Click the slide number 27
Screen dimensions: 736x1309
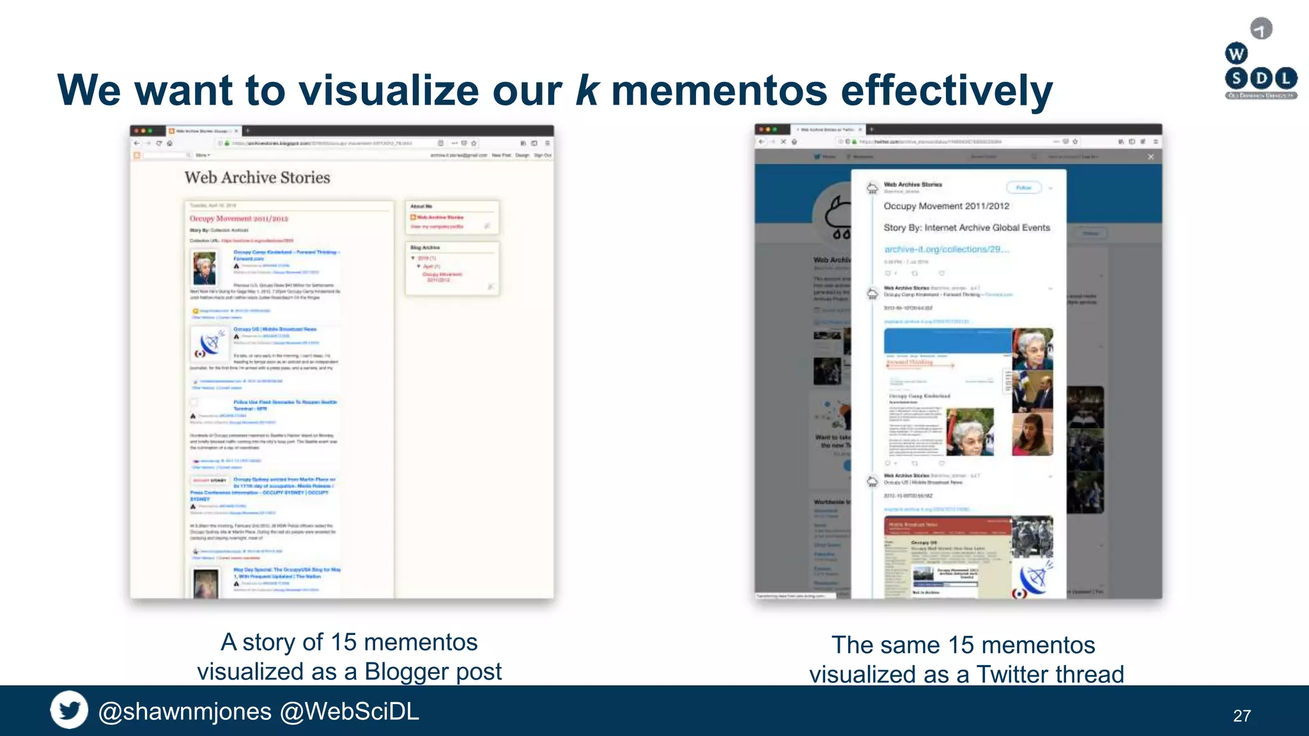pyautogui.click(x=1241, y=716)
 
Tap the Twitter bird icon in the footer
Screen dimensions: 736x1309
pyautogui.click(x=69, y=710)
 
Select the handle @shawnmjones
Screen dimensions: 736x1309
pyautogui.click(x=185, y=711)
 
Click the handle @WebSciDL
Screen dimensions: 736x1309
pyautogui.click(x=350, y=711)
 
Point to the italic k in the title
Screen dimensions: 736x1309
pyautogui.click(x=587, y=90)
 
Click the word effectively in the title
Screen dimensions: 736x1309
pyautogui.click(x=947, y=90)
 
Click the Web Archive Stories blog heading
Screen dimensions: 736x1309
pyautogui.click(x=257, y=178)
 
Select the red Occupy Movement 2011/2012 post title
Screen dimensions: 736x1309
pyautogui.click(x=239, y=218)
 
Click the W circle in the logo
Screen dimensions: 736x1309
pyautogui.click(x=1236, y=54)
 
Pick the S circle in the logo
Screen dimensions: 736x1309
pyautogui.click(x=1236, y=79)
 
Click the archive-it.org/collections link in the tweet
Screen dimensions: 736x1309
pyautogui.click(x=946, y=249)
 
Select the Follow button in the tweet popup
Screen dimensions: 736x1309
pyautogui.click(x=1024, y=188)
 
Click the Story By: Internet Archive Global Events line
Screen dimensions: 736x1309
pyautogui.click(x=966, y=227)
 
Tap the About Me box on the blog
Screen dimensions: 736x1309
pyautogui.click(x=452, y=217)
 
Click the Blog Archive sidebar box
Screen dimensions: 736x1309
pyautogui.click(x=452, y=268)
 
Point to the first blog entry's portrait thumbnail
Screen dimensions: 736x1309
pyautogui.click(x=205, y=268)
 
